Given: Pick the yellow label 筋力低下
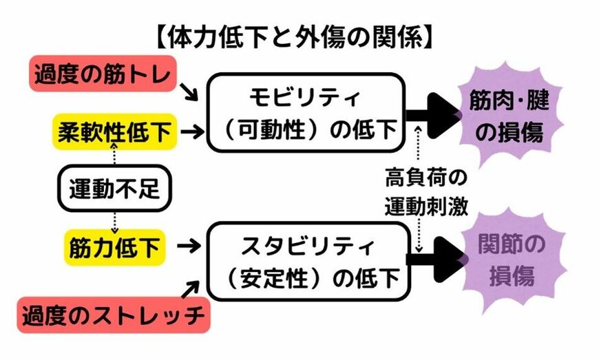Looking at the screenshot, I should click(114, 244).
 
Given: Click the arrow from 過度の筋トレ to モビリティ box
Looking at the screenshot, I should click(190, 91).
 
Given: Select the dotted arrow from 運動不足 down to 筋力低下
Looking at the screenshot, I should click(114, 219).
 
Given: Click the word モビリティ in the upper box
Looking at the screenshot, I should click(307, 97).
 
